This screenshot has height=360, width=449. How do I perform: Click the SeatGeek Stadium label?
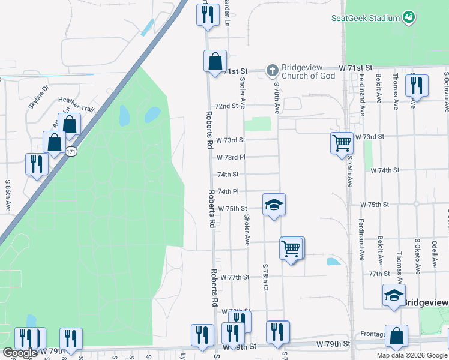point(366,18)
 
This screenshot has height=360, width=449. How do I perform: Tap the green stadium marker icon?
point(409,17)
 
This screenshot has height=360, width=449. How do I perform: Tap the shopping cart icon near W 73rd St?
point(342,143)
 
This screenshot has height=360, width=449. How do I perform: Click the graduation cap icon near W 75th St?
point(274,205)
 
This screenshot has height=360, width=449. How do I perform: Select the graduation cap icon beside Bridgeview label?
point(394,295)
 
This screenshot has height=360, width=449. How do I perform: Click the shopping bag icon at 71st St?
point(215,61)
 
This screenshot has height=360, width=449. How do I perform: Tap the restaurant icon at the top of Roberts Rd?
point(207,14)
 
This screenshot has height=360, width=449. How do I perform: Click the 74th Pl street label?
point(228,191)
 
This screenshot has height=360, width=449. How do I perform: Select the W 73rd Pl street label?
point(231,157)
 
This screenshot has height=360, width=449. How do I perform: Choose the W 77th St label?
point(234,278)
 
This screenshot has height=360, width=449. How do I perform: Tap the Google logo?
point(20,353)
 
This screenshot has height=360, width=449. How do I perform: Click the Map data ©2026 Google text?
point(411,355)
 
